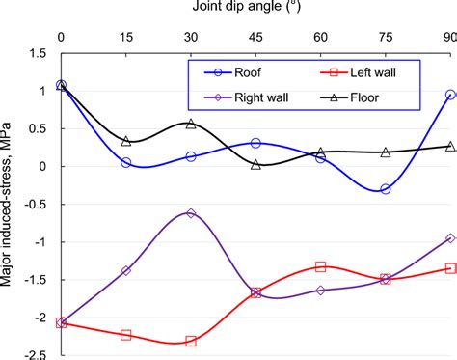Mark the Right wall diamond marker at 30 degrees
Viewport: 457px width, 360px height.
point(191,213)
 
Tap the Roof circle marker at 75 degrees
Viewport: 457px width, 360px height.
point(386,189)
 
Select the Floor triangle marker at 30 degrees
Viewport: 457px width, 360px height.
point(191,124)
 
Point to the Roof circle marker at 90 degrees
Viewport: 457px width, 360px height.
point(450,95)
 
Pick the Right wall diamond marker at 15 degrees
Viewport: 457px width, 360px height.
point(126,270)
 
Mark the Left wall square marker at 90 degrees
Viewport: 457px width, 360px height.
point(450,268)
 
